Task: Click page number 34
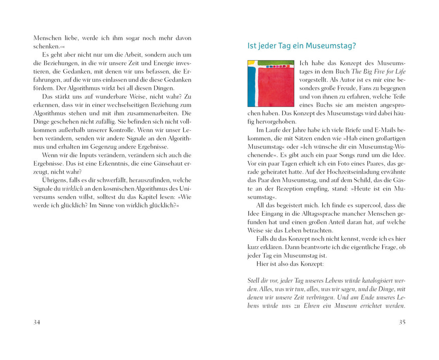[37, 322]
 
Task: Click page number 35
[402, 322]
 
